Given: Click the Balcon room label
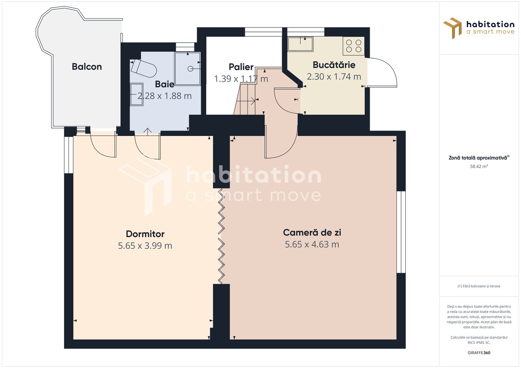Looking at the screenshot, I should pos(87,67).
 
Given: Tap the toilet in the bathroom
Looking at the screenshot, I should pos(144,68).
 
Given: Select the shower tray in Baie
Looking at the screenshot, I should pos(187,68).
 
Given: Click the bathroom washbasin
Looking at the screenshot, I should pos(136,94).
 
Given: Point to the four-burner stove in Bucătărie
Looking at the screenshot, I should pos(353,46).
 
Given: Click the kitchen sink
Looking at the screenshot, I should pos(300,44).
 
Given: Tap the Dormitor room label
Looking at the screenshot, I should pos(145,234).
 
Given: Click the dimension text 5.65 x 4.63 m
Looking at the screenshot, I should pos(312,244).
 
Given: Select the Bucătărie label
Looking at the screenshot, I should pos(334,65).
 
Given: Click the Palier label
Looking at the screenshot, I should pos(241,67).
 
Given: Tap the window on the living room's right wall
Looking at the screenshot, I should pos(401,232).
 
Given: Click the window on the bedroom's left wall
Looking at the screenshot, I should pos(69,155).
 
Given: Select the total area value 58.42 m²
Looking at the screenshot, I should pos(479,167).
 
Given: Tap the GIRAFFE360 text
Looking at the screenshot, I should pos(479,353).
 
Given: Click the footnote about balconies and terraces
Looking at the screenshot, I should pos(479,286).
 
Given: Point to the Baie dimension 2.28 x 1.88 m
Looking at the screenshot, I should pos(164,96).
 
